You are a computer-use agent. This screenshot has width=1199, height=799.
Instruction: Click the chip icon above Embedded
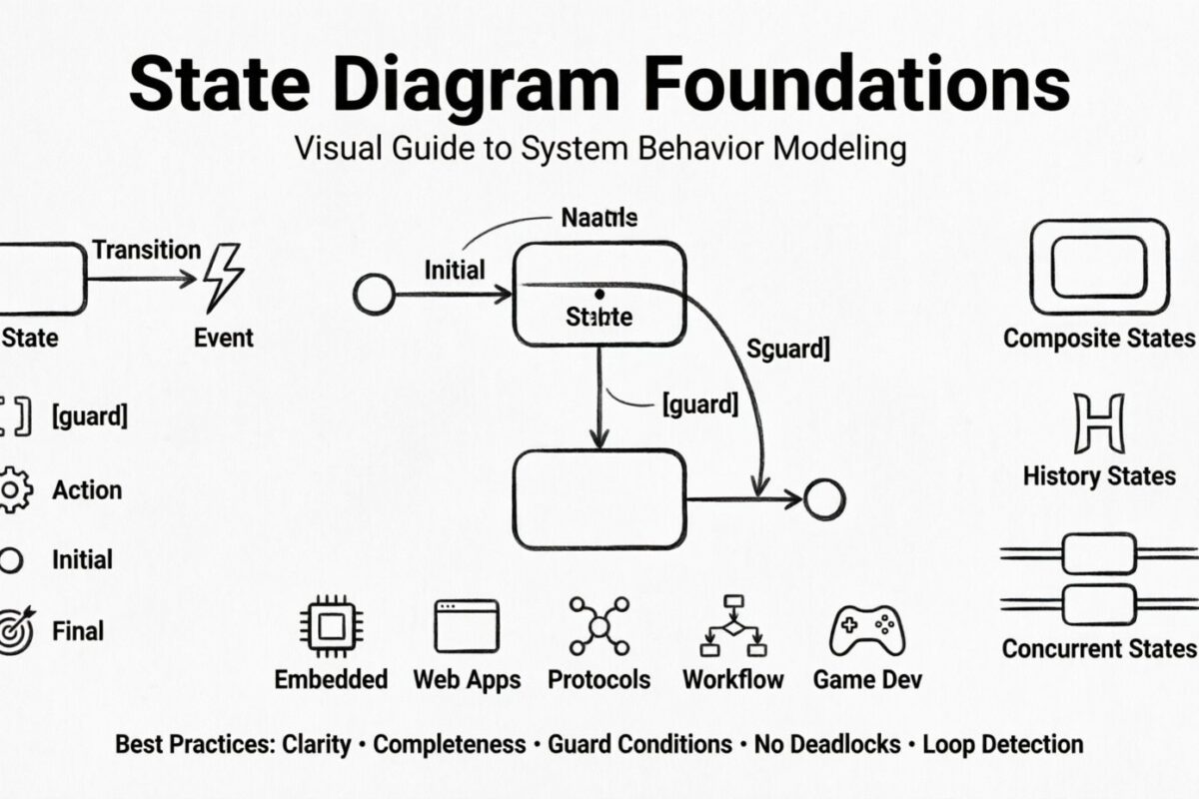[330, 626]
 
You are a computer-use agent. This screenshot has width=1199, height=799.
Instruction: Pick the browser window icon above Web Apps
[467, 626]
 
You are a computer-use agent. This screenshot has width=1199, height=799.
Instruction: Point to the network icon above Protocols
[599, 626]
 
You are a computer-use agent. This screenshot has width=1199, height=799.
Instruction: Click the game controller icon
[866, 629]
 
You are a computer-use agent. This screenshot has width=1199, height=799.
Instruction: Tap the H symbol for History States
[1098, 424]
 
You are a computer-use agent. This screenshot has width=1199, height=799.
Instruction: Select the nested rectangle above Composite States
[1098, 268]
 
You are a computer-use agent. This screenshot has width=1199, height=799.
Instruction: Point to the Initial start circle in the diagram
[374, 295]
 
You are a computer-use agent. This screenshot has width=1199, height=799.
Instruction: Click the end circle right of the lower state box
[824, 498]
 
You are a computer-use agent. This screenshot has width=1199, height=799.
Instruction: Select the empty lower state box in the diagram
[599, 498]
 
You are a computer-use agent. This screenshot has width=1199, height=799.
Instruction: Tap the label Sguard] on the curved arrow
[787, 350]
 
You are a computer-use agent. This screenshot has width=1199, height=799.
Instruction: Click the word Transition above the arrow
[146, 250]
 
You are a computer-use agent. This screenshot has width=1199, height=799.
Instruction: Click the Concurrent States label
[1098, 648]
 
